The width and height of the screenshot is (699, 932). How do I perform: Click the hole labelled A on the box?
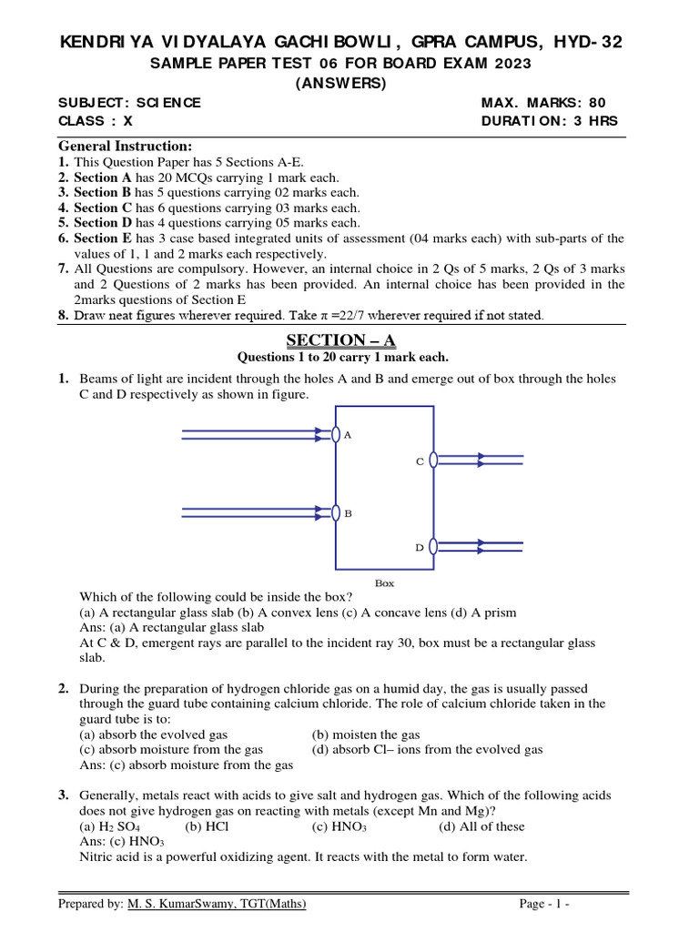(x=336, y=434)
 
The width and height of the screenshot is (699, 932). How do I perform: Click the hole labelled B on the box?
(x=336, y=513)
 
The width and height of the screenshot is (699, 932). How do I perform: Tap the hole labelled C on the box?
(x=433, y=461)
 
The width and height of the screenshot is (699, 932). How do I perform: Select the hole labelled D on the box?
(x=433, y=546)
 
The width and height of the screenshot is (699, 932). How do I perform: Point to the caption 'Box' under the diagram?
(x=385, y=583)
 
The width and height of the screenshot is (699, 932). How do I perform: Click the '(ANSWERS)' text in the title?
(x=341, y=83)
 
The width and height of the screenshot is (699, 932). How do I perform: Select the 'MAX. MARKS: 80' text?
(x=542, y=103)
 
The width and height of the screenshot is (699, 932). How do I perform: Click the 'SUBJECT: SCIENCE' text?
(x=129, y=103)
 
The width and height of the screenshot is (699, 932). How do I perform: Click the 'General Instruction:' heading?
(x=125, y=146)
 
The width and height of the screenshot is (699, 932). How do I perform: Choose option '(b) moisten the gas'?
(x=366, y=734)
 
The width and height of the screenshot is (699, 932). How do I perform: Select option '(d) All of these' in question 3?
(x=481, y=826)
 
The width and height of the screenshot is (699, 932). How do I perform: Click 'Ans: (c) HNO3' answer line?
(x=118, y=842)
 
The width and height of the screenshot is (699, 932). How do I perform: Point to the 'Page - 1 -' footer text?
(x=544, y=904)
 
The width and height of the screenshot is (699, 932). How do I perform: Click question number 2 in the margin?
(x=65, y=688)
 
